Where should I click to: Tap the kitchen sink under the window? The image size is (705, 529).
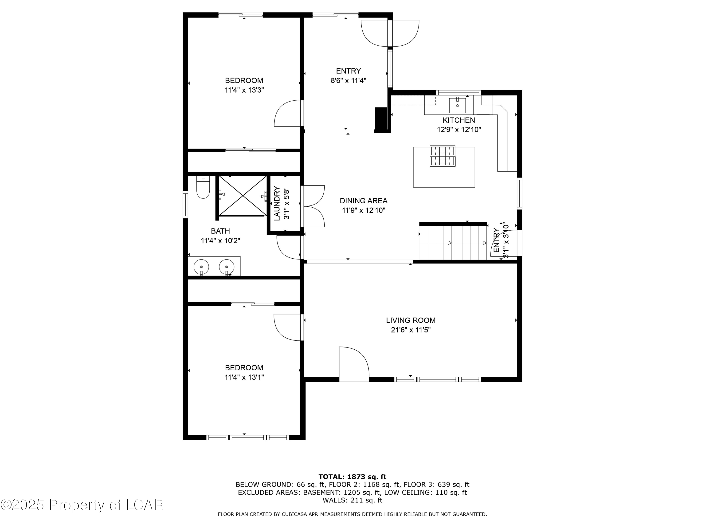coord(457,105)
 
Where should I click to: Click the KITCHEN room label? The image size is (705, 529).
coord(459,120)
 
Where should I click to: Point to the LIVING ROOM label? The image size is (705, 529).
coord(411,320)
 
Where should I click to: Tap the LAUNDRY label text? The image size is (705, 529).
coord(277,203)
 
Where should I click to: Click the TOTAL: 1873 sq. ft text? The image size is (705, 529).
coord(352,477)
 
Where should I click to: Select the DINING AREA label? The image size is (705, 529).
coord(363,201)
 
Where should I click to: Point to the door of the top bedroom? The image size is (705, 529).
coord(288,114)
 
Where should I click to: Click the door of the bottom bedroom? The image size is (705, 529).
coord(288,327)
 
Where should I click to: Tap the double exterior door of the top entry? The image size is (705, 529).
coord(390,33)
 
